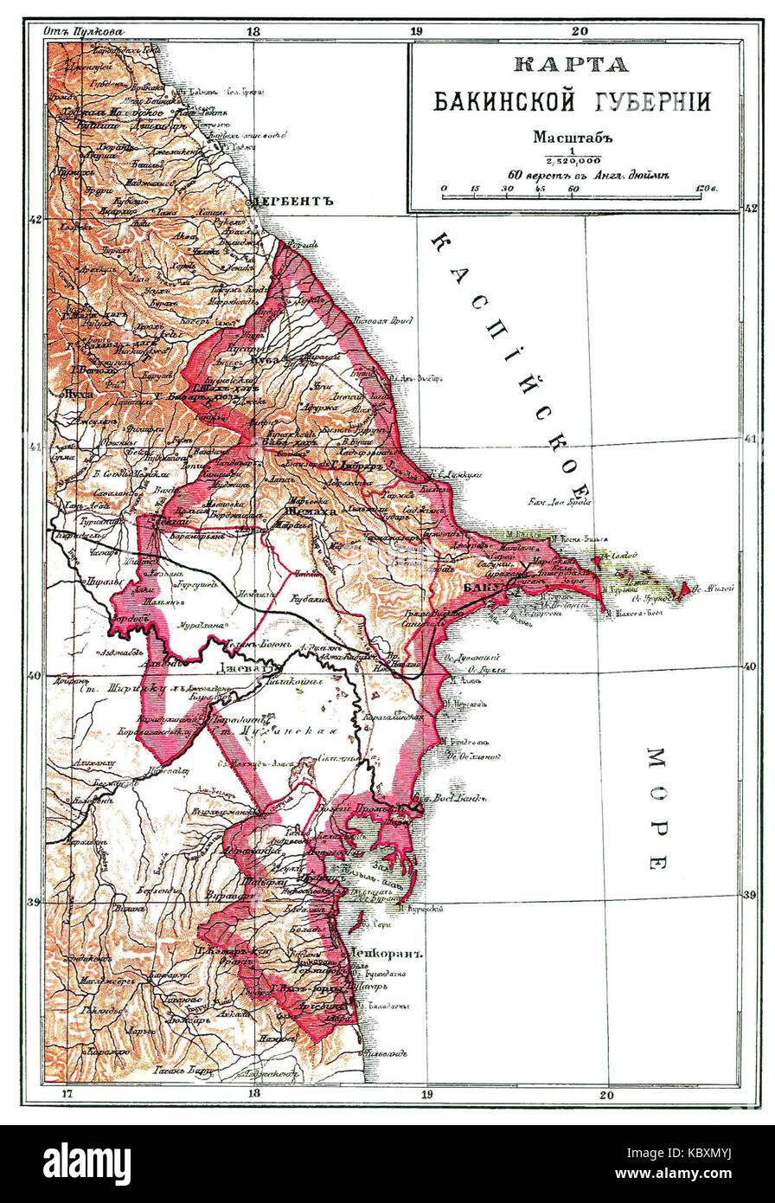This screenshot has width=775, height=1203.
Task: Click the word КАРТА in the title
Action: click(570, 65)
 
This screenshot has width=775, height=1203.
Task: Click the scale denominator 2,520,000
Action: click(573, 161)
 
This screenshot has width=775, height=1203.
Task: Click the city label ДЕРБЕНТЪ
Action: click(295, 201)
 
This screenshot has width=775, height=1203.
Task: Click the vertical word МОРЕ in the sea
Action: click(657, 808)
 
